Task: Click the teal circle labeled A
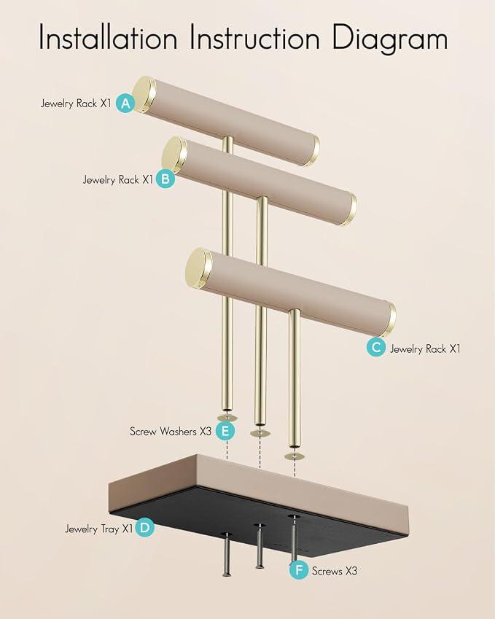[x=125, y=104]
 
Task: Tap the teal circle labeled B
[x=165, y=179]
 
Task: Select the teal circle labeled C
[x=375, y=347]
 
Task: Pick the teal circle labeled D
[x=144, y=527]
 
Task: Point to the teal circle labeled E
[x=225, y=431]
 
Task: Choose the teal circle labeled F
[x=299, y=570]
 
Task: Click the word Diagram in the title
[x=390, y=39]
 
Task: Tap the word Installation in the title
[x=108, y=37]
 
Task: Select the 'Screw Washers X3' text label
[x=171, y=431]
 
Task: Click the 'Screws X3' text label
[x=335, y=571]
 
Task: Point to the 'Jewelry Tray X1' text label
[x=98, y=529]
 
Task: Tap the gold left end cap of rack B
[x=174, y=155]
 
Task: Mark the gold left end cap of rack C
[x=198, y=268]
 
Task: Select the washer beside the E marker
[x=227, y=418]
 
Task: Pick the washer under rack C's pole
[x=295, y=456]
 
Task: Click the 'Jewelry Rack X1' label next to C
[x=425, y=349]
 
